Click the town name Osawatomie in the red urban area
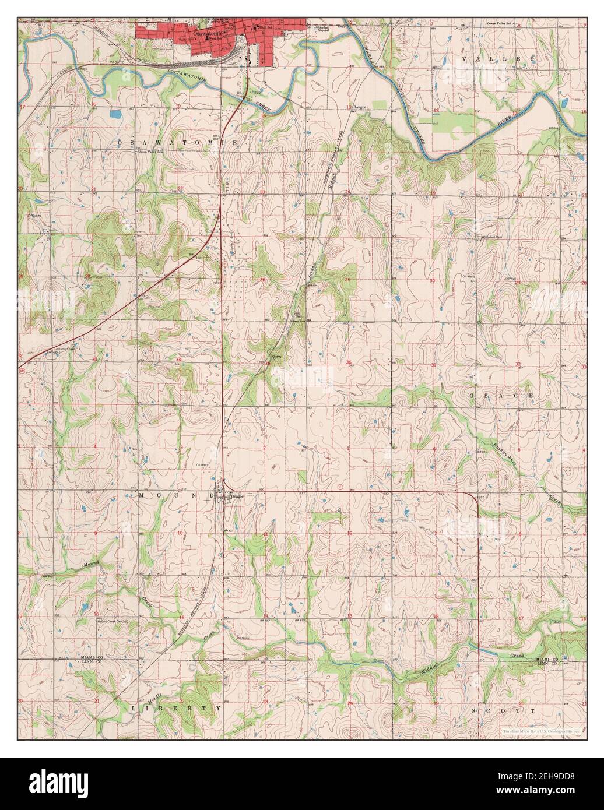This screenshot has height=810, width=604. pos(205,34)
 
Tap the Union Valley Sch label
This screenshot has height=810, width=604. pos(150,151)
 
